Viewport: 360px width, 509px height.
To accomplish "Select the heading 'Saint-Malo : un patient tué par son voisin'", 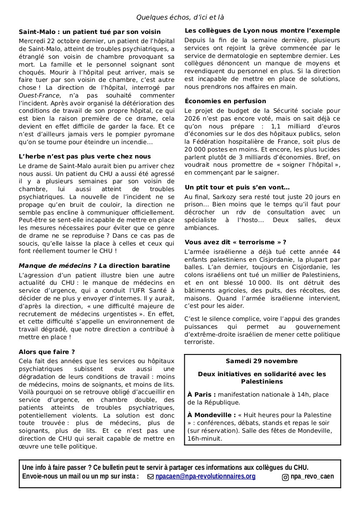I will pyautogui.click(x=90, y=32).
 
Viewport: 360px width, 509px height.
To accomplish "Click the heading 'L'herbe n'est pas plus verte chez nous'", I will pyautogui.click(x=85, y=156).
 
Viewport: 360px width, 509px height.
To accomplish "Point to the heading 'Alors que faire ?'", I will pyautogui.click(x=47, y=351).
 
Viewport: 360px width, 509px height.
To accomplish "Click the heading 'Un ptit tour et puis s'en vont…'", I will pyautogui.click(x=237, y=187).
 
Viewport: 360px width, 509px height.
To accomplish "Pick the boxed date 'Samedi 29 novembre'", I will pyautogui.click(x=262, y=361).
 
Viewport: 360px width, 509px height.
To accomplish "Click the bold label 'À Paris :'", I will pyautogui.click(x=202, y=394).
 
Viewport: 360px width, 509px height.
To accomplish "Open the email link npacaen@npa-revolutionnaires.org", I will pyautogui.click(x=205, y=476).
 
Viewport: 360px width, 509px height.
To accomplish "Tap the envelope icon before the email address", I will pyautogui.click(x=151, y=477).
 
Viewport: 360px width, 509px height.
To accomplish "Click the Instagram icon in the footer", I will pyautogui.click(x=285, y=477).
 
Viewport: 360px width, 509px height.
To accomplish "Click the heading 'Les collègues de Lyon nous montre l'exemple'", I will pyautogui.click(x=262, y=30).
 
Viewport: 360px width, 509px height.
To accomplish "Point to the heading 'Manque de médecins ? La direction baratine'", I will pyautogui.click(x=94, y=266).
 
